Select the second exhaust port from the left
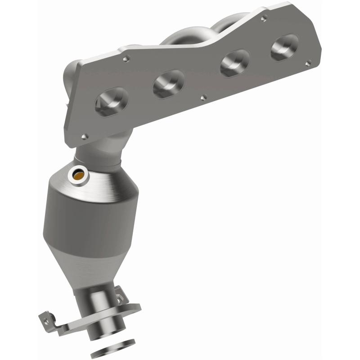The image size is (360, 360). (169, 84)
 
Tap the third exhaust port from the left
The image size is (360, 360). (235, 63)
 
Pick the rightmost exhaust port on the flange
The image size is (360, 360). (284, 47)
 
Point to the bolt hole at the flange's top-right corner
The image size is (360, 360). (264, 18)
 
